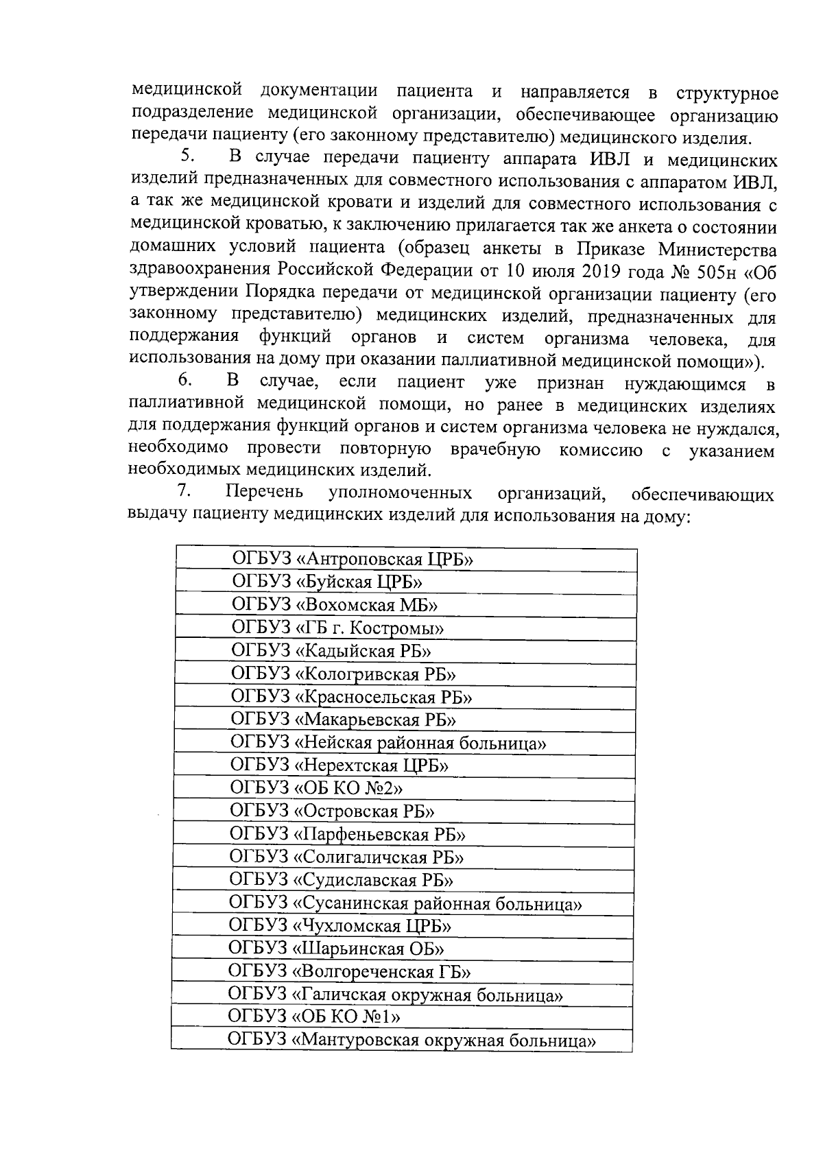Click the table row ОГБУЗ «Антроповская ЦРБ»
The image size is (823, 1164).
coord(405,559)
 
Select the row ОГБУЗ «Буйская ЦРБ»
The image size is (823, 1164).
coord(405,582)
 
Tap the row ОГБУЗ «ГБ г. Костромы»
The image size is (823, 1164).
coord(405,628)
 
